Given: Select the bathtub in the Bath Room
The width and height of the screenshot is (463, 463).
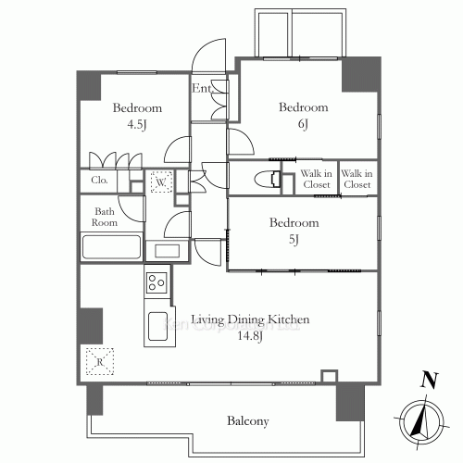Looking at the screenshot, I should [110, 248].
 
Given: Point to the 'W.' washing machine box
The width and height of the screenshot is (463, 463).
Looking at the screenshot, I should [161, 182].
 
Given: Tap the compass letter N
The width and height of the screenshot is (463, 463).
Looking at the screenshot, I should [427, 378].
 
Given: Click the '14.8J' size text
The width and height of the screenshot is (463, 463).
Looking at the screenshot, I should [250, 337].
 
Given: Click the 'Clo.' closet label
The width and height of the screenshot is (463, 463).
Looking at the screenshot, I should [99, 181].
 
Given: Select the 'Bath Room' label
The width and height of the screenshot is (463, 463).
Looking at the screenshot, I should [105, 216].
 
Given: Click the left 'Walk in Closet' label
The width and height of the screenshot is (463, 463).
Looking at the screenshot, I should [318, 179].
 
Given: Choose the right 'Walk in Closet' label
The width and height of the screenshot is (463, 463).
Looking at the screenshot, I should [357, 179].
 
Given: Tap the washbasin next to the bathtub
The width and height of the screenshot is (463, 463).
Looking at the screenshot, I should [168, 250].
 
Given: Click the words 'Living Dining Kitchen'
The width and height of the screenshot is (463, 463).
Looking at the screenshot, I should [250, 320].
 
